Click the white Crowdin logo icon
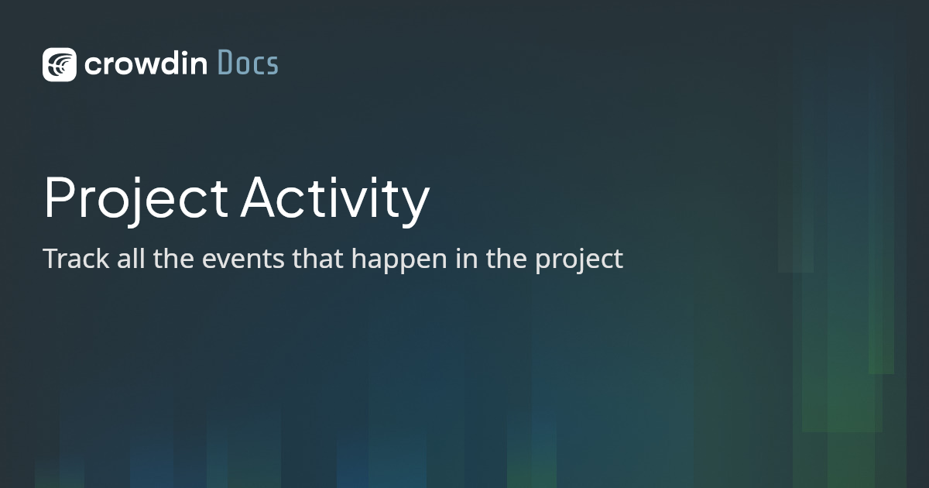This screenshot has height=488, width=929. (60, 64)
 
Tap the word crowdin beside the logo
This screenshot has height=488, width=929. (146, 64)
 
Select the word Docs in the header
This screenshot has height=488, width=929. (247, 64)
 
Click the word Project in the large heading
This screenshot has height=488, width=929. (135, 199)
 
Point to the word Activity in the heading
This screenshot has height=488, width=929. (334, 199)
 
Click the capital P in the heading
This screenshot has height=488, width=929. (60, 199)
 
